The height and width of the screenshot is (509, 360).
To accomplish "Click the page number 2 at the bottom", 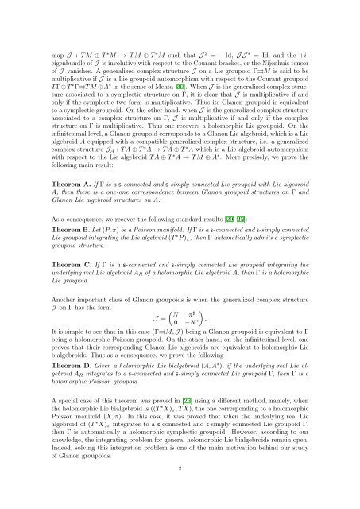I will click(x=180, y=469).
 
